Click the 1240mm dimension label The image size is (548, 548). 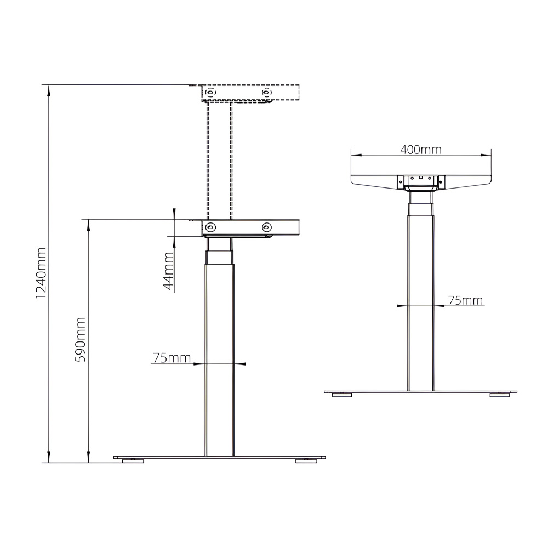41,273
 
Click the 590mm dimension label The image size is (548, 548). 81,339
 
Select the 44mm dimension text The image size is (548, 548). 169,271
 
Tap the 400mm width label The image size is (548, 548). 421,150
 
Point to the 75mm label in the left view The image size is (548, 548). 172,358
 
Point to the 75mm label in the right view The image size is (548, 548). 465,300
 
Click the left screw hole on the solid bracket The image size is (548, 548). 210,227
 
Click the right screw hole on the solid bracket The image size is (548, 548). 267,227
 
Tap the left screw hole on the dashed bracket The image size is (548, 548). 210,92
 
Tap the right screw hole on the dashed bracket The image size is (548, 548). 267,92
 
